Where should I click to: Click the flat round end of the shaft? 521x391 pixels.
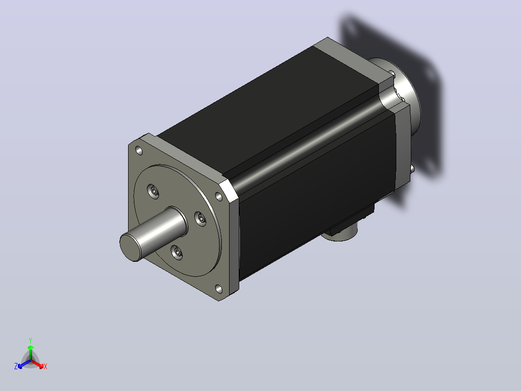[130, 247]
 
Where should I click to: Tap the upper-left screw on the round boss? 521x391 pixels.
[153, 191]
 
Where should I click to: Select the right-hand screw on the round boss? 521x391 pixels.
[201, 219]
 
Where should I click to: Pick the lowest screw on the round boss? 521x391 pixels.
[177, 252]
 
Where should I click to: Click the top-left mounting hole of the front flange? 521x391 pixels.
[139, 151]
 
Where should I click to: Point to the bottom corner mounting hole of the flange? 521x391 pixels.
[219, 289]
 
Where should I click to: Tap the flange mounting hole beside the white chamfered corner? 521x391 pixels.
[219, 196]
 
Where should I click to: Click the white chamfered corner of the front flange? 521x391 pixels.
[229, 191]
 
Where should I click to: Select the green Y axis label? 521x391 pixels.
[30, 340]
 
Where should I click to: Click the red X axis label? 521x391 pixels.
[45, 366]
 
